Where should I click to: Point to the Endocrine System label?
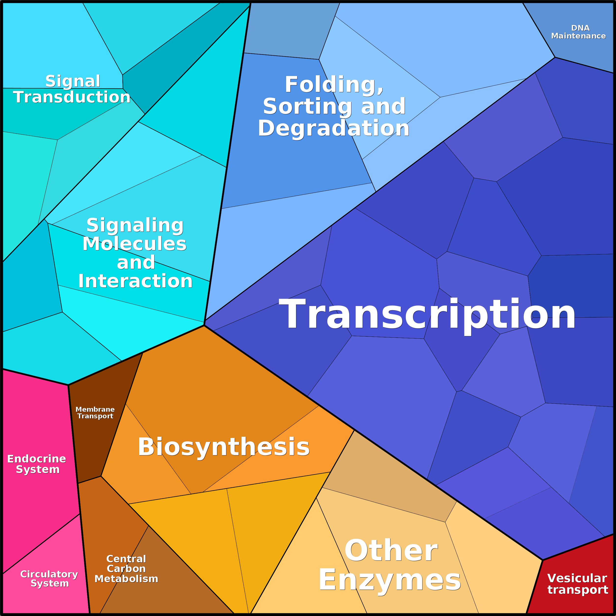click(37, 464)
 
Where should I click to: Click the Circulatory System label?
click(49, 578)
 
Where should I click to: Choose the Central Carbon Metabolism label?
click(126, 569)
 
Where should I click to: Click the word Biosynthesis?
click(223, 447)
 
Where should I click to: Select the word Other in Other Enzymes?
click(391, 551)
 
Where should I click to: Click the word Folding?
click(334, 85)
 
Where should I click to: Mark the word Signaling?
click(135, 225)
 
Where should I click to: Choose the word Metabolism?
click(126, 579)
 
